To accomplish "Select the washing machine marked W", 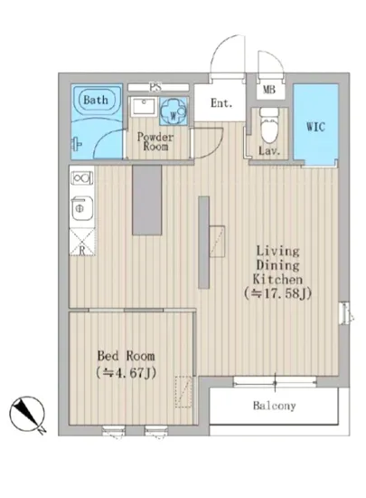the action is click(173, 111).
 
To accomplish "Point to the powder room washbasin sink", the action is click(143, 107).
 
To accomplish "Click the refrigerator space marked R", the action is click(81, 242).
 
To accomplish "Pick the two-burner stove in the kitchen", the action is click(81, 177).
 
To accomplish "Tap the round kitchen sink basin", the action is click(81, 208).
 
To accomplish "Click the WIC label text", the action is click(315, 127).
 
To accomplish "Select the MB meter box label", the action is click(269, 90).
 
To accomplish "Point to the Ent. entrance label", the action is click(221, 103).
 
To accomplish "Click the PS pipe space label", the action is click(155, 87).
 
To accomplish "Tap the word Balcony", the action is click(274, 406).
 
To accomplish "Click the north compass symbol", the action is click(26, 414).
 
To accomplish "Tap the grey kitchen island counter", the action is click(146, 200).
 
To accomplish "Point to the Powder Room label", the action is click(155, 141).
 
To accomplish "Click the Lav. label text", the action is click(269, 150).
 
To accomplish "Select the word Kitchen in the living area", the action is click(277, 279).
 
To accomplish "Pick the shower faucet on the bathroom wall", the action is click(77, 144).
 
